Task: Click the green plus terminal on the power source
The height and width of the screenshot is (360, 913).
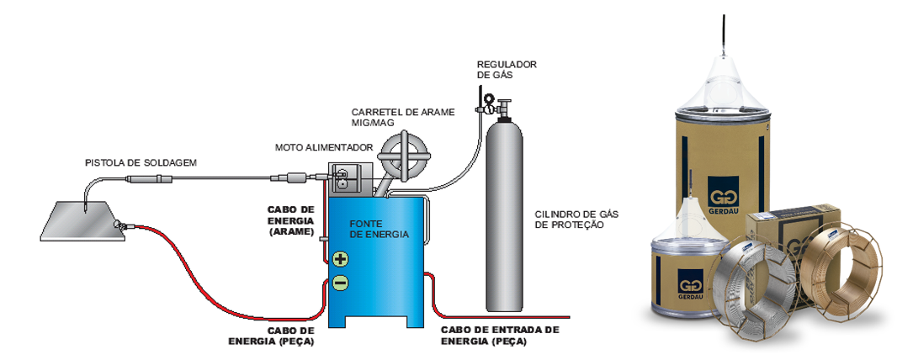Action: click(340, 259)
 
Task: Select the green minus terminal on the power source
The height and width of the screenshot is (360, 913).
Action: click(340, 283)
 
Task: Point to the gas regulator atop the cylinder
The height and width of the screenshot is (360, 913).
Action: click(490, 103)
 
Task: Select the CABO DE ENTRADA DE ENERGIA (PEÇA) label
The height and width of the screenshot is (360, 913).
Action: click(500, 336)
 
